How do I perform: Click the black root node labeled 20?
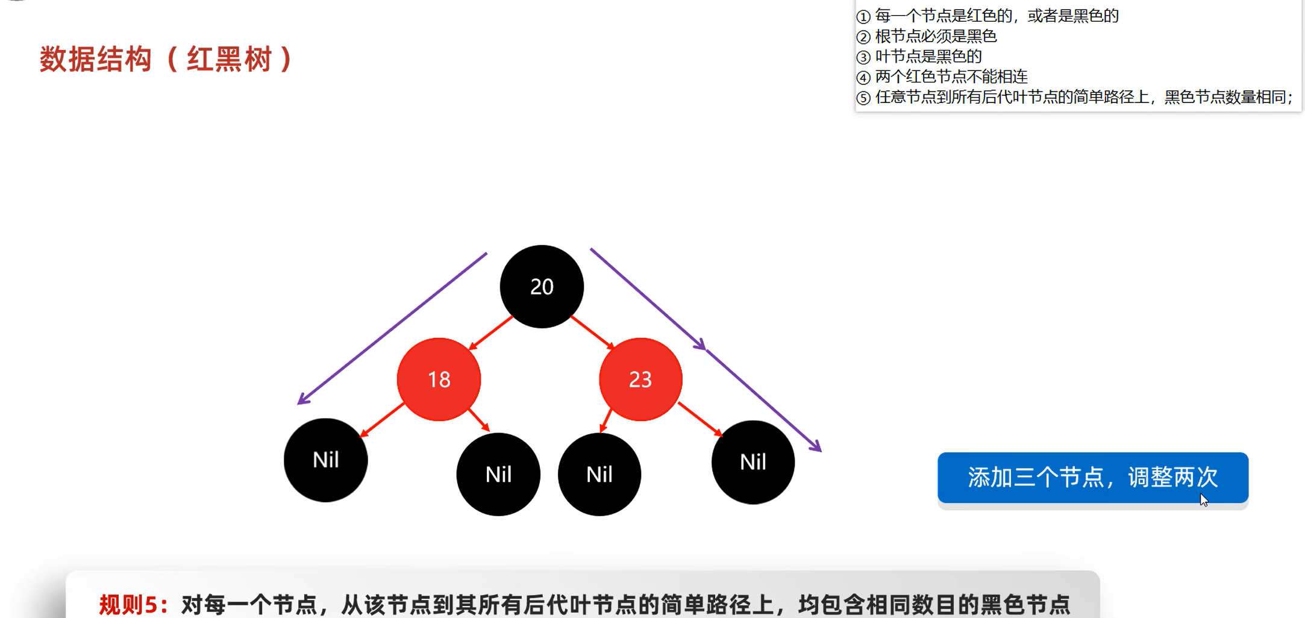click(542, 287)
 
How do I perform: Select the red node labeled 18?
click(439, 379)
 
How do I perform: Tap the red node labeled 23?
click(640, 379)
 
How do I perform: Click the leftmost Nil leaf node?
click(325, 460)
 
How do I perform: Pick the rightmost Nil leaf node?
click(753, 462)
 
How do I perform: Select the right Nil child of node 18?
click(498, 474)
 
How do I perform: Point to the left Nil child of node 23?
click(599, 474)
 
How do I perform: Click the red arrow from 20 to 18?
click(490, 332)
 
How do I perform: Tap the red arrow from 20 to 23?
click(592, 332)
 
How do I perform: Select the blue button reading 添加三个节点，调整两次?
click(1092, 478)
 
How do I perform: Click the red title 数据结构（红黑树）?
click(166, 60)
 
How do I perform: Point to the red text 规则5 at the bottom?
click(133, 604)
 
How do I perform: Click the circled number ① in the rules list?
click(863, 16)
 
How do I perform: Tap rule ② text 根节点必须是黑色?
click(936, 37)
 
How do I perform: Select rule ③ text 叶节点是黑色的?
click(928, 57)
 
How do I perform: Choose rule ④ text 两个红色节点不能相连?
click(951, 76)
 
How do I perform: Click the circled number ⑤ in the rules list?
click(863, 98)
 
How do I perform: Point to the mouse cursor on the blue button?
click(1203, 500)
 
